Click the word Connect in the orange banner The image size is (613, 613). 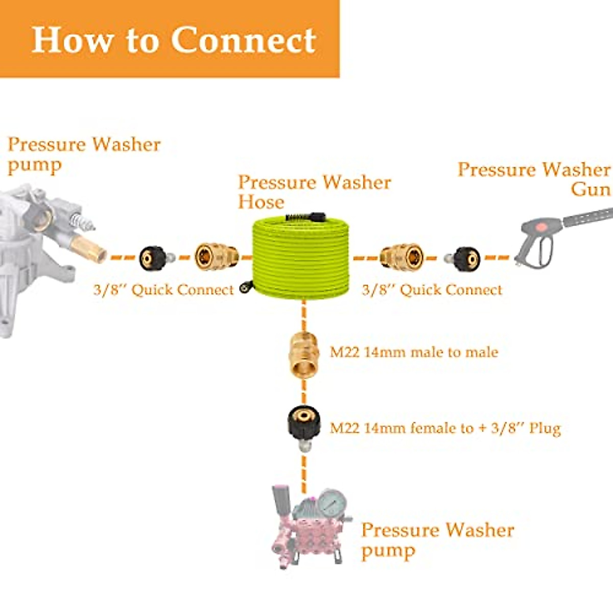click(244, 40)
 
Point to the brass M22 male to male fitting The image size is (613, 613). click(303, 354)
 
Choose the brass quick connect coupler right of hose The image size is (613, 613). click(402, 257)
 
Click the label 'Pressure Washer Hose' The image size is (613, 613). click(314, 192)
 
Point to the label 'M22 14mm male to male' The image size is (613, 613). click(414, 352)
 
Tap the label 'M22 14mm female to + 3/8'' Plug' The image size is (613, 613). click(445, 428)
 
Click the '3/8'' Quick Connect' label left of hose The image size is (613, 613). click(163, 290)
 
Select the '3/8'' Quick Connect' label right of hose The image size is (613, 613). click(432, 290)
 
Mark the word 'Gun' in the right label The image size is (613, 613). click(591, 189)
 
